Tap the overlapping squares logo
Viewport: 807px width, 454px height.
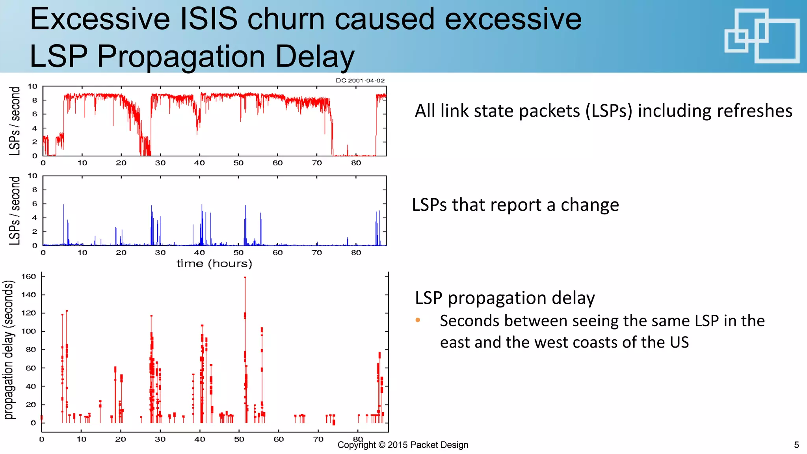[762, 36]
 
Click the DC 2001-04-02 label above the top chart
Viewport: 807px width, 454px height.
[360, 80]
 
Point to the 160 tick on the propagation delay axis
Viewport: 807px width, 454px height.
[28, 277]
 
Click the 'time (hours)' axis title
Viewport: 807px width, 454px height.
[214, 264]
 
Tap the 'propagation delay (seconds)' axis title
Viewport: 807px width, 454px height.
[9, 350]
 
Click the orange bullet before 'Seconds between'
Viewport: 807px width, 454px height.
[418, 320]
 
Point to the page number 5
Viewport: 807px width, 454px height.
[796, 445]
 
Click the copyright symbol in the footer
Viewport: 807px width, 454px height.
[381, 445]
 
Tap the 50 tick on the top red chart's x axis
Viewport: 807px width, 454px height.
[238, 163]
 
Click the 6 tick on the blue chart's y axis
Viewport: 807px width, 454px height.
[35, 204]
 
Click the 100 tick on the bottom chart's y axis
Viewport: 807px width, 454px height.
[28, 331]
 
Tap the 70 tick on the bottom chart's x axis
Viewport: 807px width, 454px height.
[318, 439]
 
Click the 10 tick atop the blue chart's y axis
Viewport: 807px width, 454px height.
[32, 176]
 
